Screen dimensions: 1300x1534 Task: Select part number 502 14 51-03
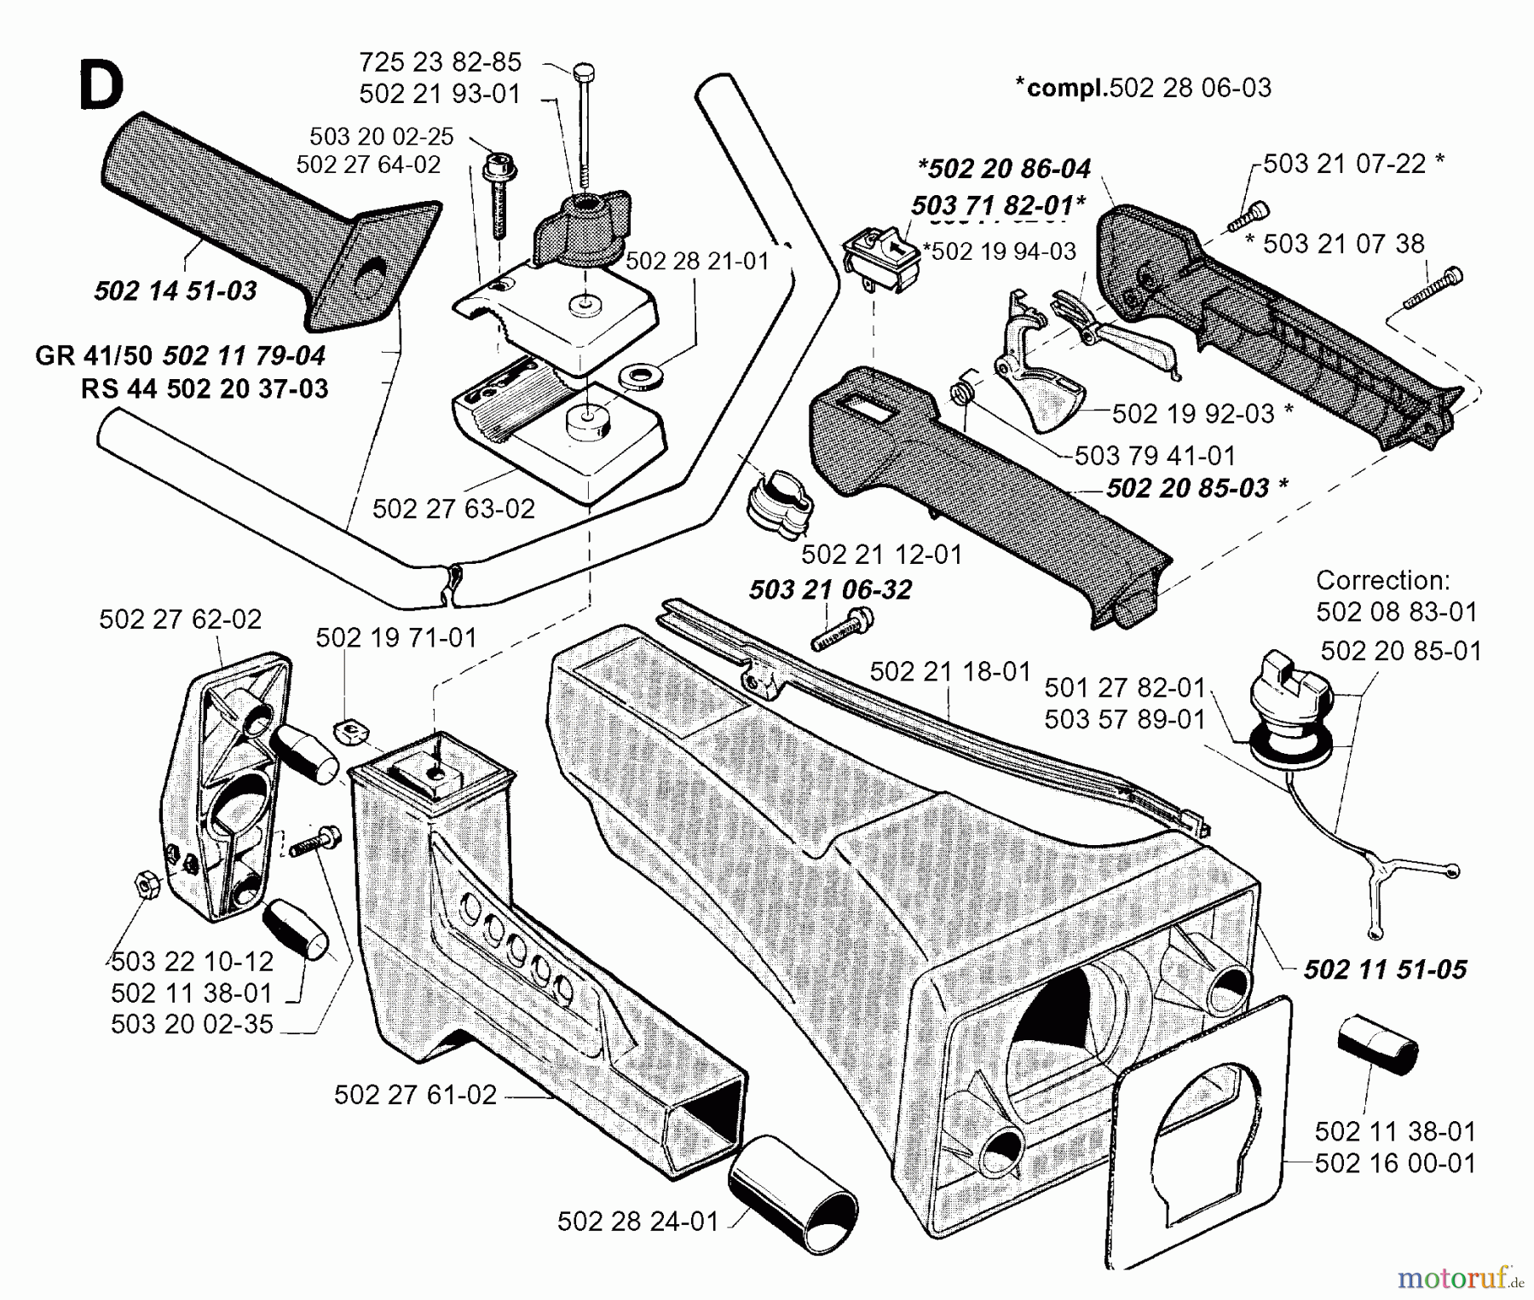coord(175,291)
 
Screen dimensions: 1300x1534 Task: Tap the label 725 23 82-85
coord(440,62)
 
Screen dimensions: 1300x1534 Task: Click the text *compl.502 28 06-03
coord(1143,87)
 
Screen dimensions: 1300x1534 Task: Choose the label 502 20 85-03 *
coord(1197,487)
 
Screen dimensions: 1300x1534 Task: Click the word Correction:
coord(1382,581)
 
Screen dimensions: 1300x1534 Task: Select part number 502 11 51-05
coord(1385,969)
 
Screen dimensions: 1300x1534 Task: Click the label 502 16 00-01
coord(1395,1163)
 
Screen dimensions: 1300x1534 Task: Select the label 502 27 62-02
coord(180,619)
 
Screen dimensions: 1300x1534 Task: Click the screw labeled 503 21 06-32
coord(843,629)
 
